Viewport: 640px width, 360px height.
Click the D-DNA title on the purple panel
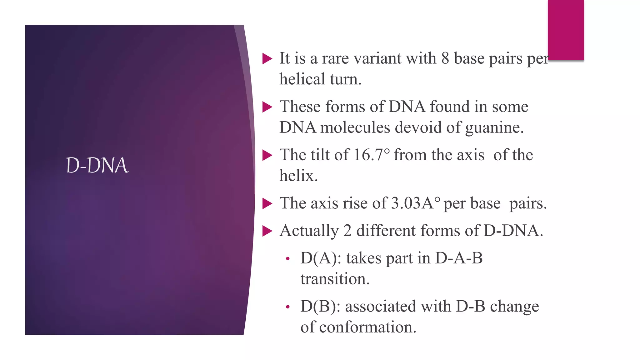[97, 165]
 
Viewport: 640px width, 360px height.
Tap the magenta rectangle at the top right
[566, 30]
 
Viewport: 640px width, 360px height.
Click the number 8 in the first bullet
[445, 58]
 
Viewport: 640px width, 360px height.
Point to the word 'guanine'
[494, 128]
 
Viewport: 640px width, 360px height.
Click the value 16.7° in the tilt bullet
[372, 155]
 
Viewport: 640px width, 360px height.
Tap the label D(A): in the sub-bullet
[321, 258]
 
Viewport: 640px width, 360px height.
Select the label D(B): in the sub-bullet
[320, 307]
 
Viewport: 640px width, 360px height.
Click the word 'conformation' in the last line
[367, 327]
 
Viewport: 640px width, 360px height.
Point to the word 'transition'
[335, 279]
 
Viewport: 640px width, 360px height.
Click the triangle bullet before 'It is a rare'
[267, 58]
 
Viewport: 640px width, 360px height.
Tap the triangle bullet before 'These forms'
[267, 107]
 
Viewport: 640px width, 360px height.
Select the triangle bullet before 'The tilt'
[267, 155]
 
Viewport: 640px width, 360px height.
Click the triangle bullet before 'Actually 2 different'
[267, 231]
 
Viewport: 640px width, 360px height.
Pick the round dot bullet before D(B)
[287, 307]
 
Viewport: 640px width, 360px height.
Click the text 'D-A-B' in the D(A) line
[459, 258]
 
